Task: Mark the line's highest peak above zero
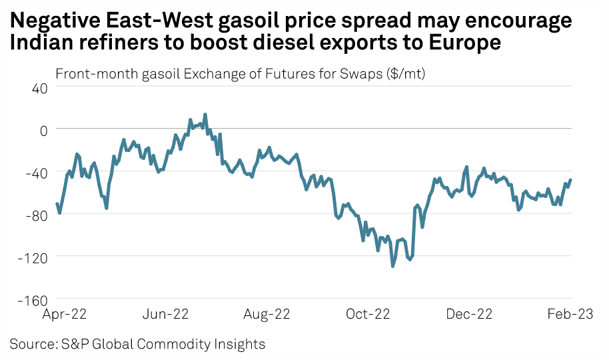coord(205,114)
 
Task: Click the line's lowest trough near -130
coord(393,266)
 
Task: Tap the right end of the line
coord(571,180)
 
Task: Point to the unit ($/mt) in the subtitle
coord(405,73)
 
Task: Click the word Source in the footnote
coord(32,344)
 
